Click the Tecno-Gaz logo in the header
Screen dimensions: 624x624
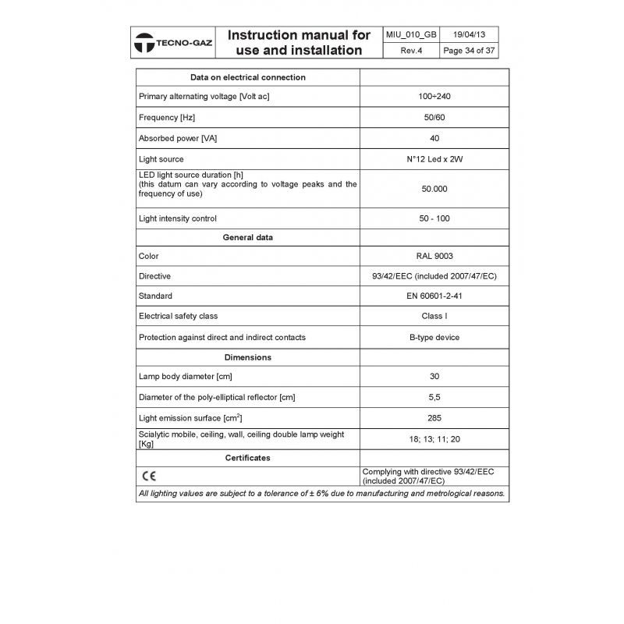coord(173,44)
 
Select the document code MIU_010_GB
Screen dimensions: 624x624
coord(412,35)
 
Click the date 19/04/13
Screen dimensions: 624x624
coord(469,35)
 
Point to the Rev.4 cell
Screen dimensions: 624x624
coord(412,51)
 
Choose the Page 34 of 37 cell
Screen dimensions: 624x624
coord(469,51)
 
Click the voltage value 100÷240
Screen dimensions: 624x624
coord(434,97)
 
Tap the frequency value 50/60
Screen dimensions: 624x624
coord(434,118)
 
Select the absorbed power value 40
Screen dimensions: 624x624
coord(434,138)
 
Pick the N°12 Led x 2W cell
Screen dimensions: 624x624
coord(434,159)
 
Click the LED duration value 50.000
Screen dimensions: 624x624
coord(434,189)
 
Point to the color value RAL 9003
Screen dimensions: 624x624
coord(434,256)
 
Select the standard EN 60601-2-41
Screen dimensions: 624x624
coord(434,296)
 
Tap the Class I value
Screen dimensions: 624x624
coord(434,317)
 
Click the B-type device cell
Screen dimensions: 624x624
coord(434,337)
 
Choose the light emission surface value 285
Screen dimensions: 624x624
coord(434,418)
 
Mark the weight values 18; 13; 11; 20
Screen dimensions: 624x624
coord(434,439)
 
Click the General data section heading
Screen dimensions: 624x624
coord(248,236)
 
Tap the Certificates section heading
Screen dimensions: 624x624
coord(248,458)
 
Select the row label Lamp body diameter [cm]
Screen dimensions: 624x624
coord(187,377)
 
